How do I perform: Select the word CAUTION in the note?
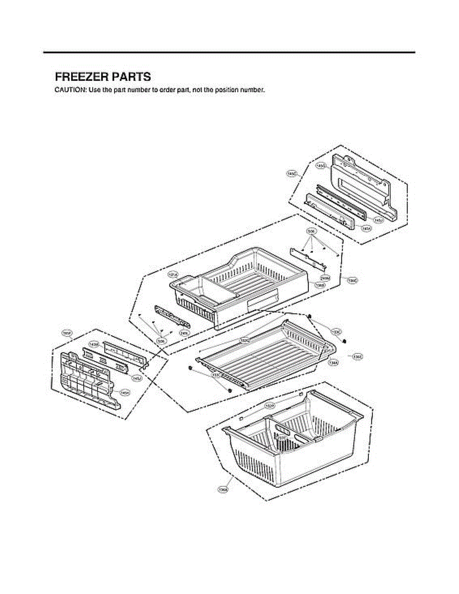(x=69, y=90)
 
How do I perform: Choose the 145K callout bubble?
(x=366, y=229)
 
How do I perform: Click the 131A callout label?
(x=173, y=274)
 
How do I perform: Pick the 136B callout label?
(x=320, y=286)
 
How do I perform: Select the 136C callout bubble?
(x=352, y=281)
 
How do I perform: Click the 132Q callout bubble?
(x=245, y=341)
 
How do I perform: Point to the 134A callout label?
(x=334, y=362)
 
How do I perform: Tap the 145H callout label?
(x=125, y=393)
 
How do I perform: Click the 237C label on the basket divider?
(x=282, y=438)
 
